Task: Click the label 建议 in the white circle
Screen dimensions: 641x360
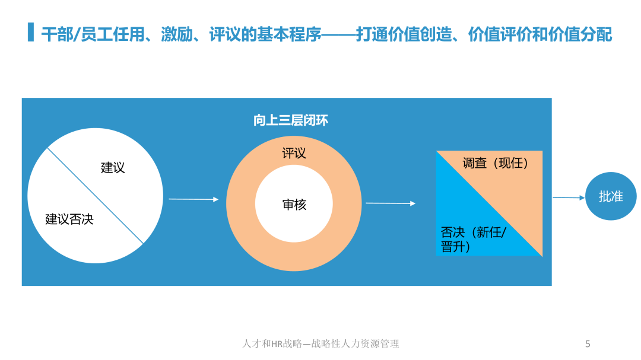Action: click(113, 167)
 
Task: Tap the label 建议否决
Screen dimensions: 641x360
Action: click(69, 219)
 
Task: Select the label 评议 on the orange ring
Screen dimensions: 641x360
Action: click(294, 153)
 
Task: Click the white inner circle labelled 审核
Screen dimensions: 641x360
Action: click(294, 203)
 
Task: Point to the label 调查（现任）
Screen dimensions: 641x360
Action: click(496, 164)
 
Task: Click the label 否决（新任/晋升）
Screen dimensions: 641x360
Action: click(474, 240)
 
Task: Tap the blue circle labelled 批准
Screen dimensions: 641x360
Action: click(611, 196)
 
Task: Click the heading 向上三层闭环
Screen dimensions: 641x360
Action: click(291, 120)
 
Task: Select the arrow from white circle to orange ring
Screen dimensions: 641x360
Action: click(193, 199)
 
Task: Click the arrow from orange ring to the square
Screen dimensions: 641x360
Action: click(391, 203)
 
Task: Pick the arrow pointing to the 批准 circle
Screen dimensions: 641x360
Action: click(569, 197)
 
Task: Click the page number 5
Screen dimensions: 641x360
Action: click(588, 344)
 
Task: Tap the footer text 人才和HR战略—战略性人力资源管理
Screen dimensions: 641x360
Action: click(320, 343)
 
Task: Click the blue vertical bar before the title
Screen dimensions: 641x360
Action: click(31, 32)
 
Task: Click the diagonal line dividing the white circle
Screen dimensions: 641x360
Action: click(95, 196)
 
